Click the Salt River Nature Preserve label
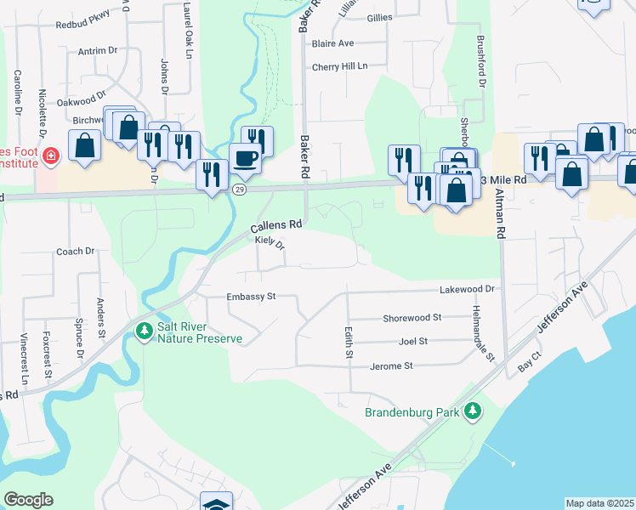point(200,331)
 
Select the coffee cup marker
point(246,159)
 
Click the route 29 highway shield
point(241,190)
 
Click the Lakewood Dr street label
point(467,290)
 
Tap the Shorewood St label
point(412,317)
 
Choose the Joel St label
point(412,341)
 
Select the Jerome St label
point(391,366)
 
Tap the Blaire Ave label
point(332,43)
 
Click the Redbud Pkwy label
point(83,26)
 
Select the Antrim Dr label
point(97,51)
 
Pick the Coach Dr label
point(75,252)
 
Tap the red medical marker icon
point(50,156)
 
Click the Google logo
point(28,500)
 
